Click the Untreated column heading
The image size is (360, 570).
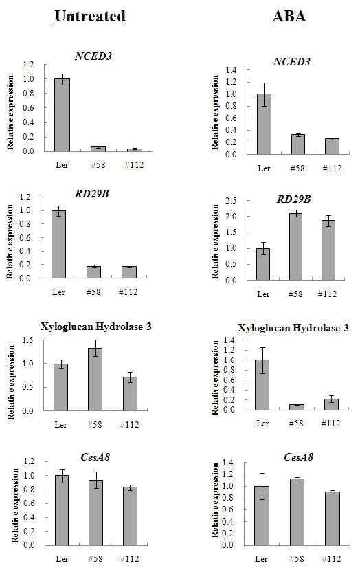click(x=90, y=17)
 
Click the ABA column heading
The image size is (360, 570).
click(x=289, y=17)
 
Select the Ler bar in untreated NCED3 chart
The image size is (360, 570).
click(x=62, y=115)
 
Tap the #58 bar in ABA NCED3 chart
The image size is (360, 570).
click(x=298, y=144)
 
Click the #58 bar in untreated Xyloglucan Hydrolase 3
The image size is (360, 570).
click(x=95, y=380)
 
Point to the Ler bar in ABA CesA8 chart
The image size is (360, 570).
click(x=262, y=516)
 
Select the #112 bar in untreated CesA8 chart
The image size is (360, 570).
click(x=130, y=516)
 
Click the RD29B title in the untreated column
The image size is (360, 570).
click(x=92, y=193)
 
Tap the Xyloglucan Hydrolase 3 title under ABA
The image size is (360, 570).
click(x=293, y=328)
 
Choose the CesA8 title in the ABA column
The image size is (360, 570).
click(x=298, y=457)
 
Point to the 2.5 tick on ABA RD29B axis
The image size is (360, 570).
click(x=231, y=201)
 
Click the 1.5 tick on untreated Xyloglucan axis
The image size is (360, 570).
click(x=27, y=340)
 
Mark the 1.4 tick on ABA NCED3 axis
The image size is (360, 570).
click(x=231, y=70)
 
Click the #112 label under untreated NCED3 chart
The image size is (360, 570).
click(x=134, y=165)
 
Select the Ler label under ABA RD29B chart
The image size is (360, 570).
click(x=263, y=294)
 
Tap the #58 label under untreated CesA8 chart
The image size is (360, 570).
click(x=95, y=559)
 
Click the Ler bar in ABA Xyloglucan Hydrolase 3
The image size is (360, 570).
click(x=262, y=385)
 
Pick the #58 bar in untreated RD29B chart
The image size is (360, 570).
click(x=93, y=272)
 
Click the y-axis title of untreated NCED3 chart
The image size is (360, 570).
click(x=10, y=112)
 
